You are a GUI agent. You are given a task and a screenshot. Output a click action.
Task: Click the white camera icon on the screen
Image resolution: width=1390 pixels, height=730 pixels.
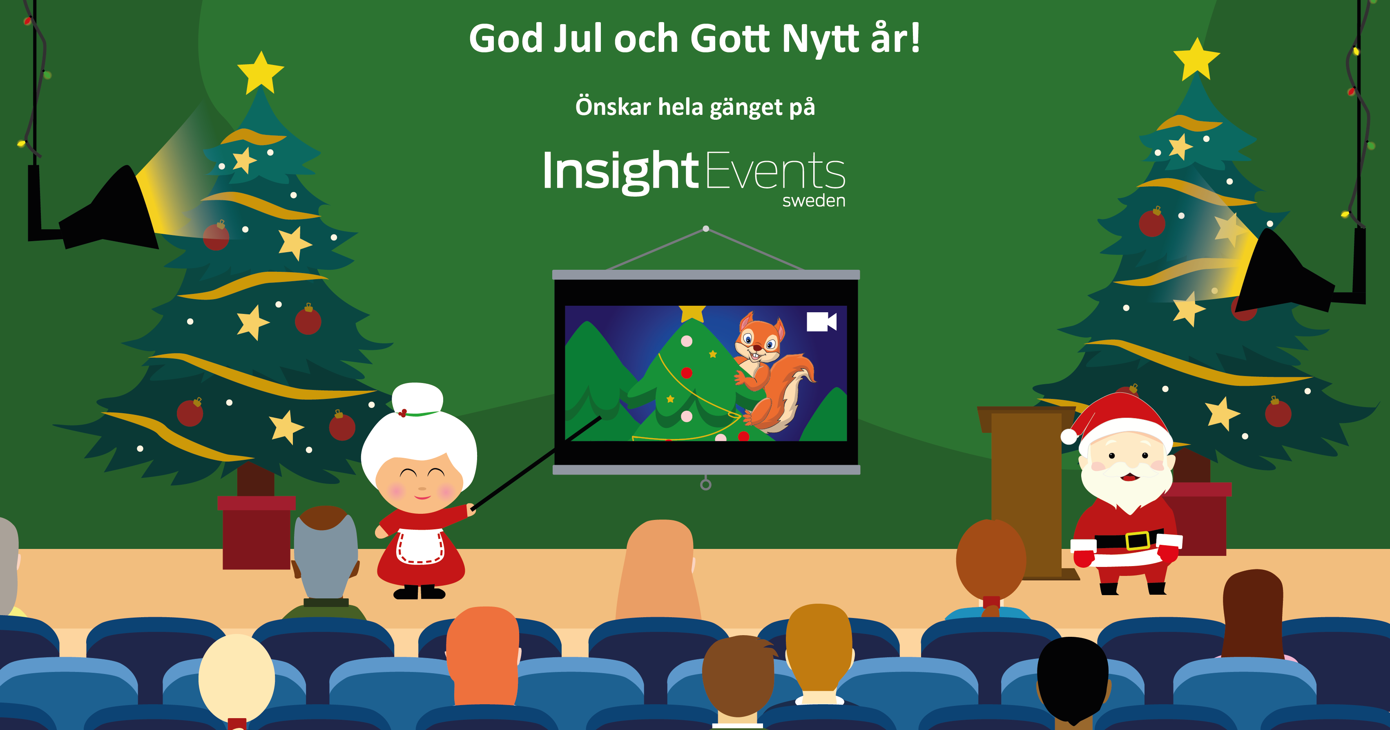(x=821, y=322)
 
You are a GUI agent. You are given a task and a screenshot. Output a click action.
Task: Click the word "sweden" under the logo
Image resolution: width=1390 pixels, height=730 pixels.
(x=814, y=201)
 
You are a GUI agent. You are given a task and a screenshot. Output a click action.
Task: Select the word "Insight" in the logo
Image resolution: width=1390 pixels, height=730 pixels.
(x=620, y=171)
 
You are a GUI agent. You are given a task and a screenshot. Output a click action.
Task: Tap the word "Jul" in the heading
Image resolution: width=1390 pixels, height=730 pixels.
(x=577, y=39)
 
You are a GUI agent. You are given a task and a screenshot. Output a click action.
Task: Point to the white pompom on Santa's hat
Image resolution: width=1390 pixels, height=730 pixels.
(x=1069, y=436)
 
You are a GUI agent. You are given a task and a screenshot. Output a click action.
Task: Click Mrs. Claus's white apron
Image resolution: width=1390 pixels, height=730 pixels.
(x=420, y=546)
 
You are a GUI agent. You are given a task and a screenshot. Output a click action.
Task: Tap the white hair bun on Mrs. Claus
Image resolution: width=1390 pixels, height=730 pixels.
(x=417, y=399)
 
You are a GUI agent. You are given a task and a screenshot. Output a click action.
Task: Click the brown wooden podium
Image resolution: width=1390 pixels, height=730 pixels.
(x=1027, y=491)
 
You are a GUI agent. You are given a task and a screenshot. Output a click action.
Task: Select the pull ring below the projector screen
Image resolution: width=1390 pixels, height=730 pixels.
(x=706, y=484)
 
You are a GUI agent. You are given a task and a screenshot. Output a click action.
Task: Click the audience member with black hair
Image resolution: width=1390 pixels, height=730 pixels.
(x=1073, y=681)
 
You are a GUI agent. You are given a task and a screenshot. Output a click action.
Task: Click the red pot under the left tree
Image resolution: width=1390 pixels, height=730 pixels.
(x=256, y=533)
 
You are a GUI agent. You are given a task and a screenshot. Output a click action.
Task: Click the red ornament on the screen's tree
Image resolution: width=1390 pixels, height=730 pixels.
(x=686, y=372)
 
